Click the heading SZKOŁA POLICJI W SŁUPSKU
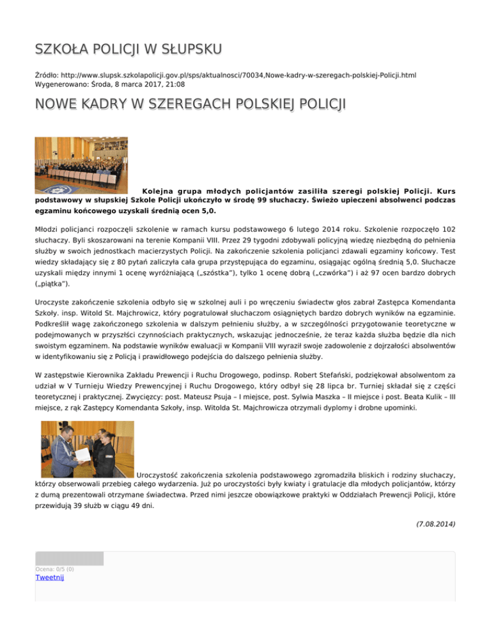[x=129, y=49]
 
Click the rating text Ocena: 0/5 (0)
[x=55, y=569]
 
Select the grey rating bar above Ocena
[x=69, y=558]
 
